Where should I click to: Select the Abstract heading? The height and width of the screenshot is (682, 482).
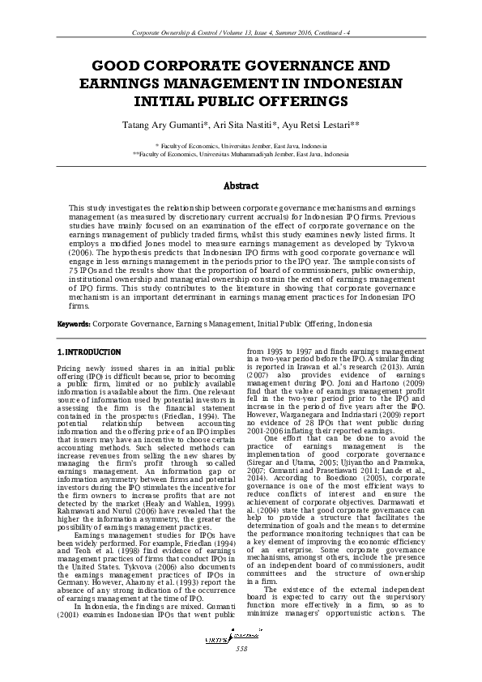[x=241, y=185]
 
